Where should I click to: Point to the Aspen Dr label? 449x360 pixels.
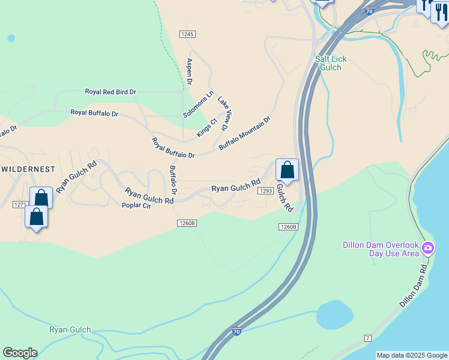(189, 71)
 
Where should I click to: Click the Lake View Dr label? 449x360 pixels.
(224, 113)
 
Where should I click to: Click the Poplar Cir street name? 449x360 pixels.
(136, 205)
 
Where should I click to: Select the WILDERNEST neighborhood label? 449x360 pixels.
(28, 170)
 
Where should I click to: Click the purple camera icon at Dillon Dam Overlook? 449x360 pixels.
(427, 247)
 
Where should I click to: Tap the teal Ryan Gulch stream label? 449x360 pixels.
(70, 329)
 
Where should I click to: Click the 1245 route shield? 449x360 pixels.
(187, 34)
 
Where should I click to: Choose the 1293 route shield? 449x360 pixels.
(265, 191)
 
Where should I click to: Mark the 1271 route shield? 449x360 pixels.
(20, 205)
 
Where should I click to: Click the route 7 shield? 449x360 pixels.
(367, 338)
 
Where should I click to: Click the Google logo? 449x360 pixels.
(20, 353)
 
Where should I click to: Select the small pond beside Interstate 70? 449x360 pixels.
(334, 315)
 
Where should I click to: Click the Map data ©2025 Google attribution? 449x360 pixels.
(412, 355)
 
